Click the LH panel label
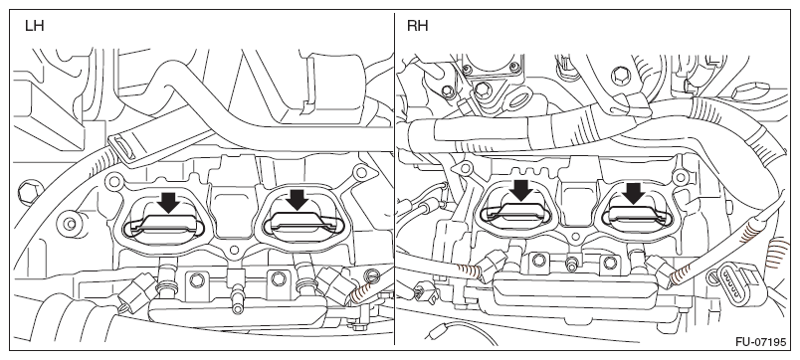[x=34, y=26]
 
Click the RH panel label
[x=417, y=26]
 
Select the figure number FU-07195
[x=760, y=341]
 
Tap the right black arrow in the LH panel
[x=298, y=199]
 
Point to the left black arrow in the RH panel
[x=521, y=191]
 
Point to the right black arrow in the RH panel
[x=634, y=193]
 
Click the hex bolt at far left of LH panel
[x=28, y=192]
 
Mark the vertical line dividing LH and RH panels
[x=394, y=179]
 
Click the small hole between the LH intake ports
[x=234, y=251]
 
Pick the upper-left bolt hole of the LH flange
[x=113, y=180]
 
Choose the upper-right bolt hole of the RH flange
[x=681, y=177]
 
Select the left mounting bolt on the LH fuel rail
[x=195, y=279]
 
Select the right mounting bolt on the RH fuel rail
[x=610, y=264]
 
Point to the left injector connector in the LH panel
[x=135, y=290]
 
